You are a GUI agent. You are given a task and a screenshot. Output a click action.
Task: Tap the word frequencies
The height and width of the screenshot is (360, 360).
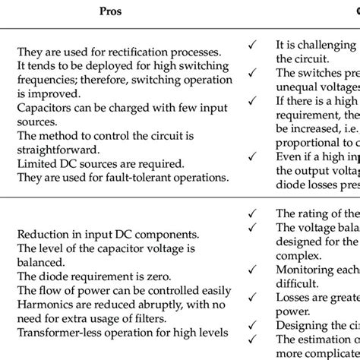pos(45,80)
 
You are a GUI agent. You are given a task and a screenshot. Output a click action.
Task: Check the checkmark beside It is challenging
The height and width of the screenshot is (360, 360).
pos(252,45)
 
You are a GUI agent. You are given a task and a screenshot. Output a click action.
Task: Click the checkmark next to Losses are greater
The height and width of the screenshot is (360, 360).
pos(252,296)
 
